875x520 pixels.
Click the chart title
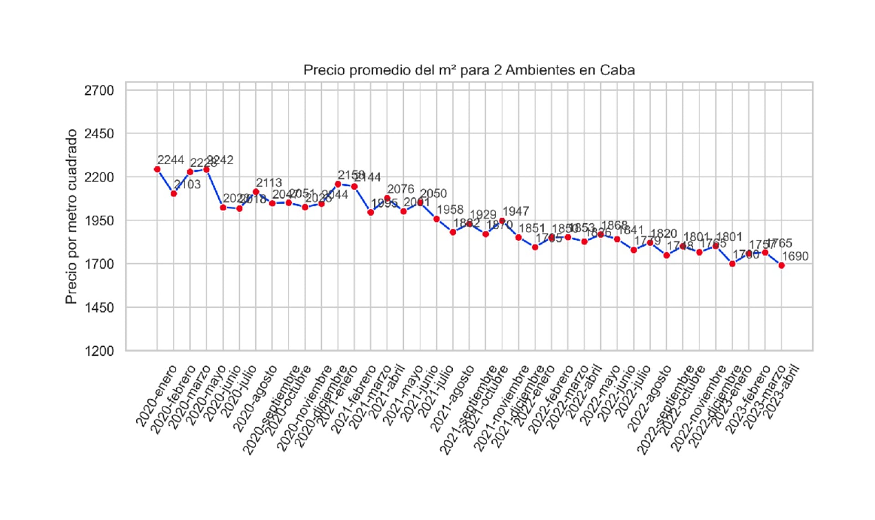(x=469, y=70)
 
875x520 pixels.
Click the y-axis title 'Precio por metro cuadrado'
(x=71, y=216)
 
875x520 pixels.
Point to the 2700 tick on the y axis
(x=99, y=90)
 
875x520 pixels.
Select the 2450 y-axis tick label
(x=99, y=134)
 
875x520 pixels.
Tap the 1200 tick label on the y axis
(x=99, y=351)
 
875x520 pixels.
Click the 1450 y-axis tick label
(x=99, y=308)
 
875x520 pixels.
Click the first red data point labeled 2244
(x=157, y=169)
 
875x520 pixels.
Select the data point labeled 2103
(x=174, y=194)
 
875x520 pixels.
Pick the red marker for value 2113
(x=256, y=192)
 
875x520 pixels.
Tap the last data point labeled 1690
(x=782, y=265)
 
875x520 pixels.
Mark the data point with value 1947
(x=502, y=221)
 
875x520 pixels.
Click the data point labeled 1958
(x=437, y=219)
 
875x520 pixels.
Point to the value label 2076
(x=401, y=189)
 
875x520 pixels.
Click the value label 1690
(x=795, y=256)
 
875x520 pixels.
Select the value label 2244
(x=171, y=160)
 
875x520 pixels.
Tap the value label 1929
(x=483, y=214)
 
